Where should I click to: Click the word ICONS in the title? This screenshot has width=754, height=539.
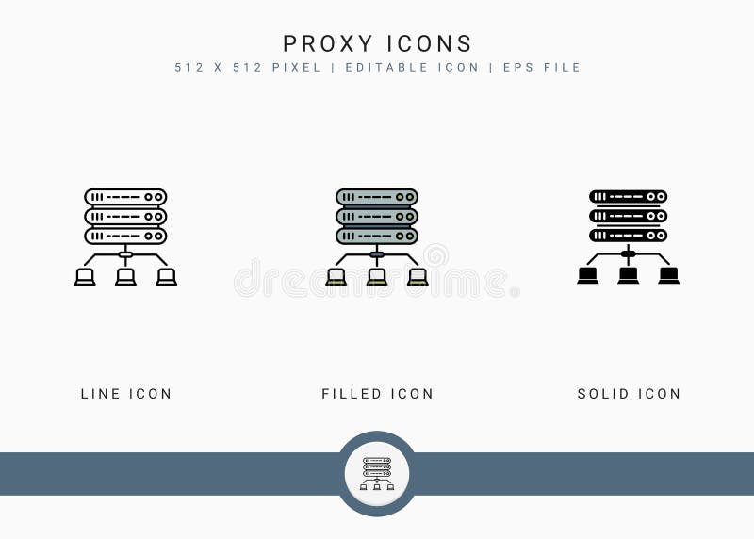(x=429, y=43)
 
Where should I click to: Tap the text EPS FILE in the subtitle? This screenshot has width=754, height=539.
(x=542, y=68)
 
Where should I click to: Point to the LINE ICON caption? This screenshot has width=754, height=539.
(x=126, y=394)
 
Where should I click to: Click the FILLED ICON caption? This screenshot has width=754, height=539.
(x=377, y=394)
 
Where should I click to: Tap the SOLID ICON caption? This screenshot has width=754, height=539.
(x=629, y=394)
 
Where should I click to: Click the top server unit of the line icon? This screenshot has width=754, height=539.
(x=125, y=197)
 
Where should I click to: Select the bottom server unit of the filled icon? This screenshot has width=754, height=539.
(x=377, y=236)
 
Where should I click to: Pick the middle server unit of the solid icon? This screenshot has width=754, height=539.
(x=629, y=216)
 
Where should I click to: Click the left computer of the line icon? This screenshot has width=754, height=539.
(x=85, y=277)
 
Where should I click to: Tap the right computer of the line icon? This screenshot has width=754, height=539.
(x=166, y=277)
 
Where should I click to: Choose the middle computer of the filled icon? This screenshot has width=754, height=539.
(x=377, y=277)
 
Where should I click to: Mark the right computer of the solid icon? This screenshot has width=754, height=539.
(x=669, y=276)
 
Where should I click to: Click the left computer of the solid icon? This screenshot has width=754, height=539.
(x=588, y=276)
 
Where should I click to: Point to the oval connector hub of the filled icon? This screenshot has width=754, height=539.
(x=377, y=254)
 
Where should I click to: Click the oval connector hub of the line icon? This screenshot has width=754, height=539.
(x=125, y=254)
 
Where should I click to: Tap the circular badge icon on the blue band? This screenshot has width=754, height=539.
(x=377, y=473)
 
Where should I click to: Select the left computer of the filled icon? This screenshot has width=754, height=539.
(x=336, y=277)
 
